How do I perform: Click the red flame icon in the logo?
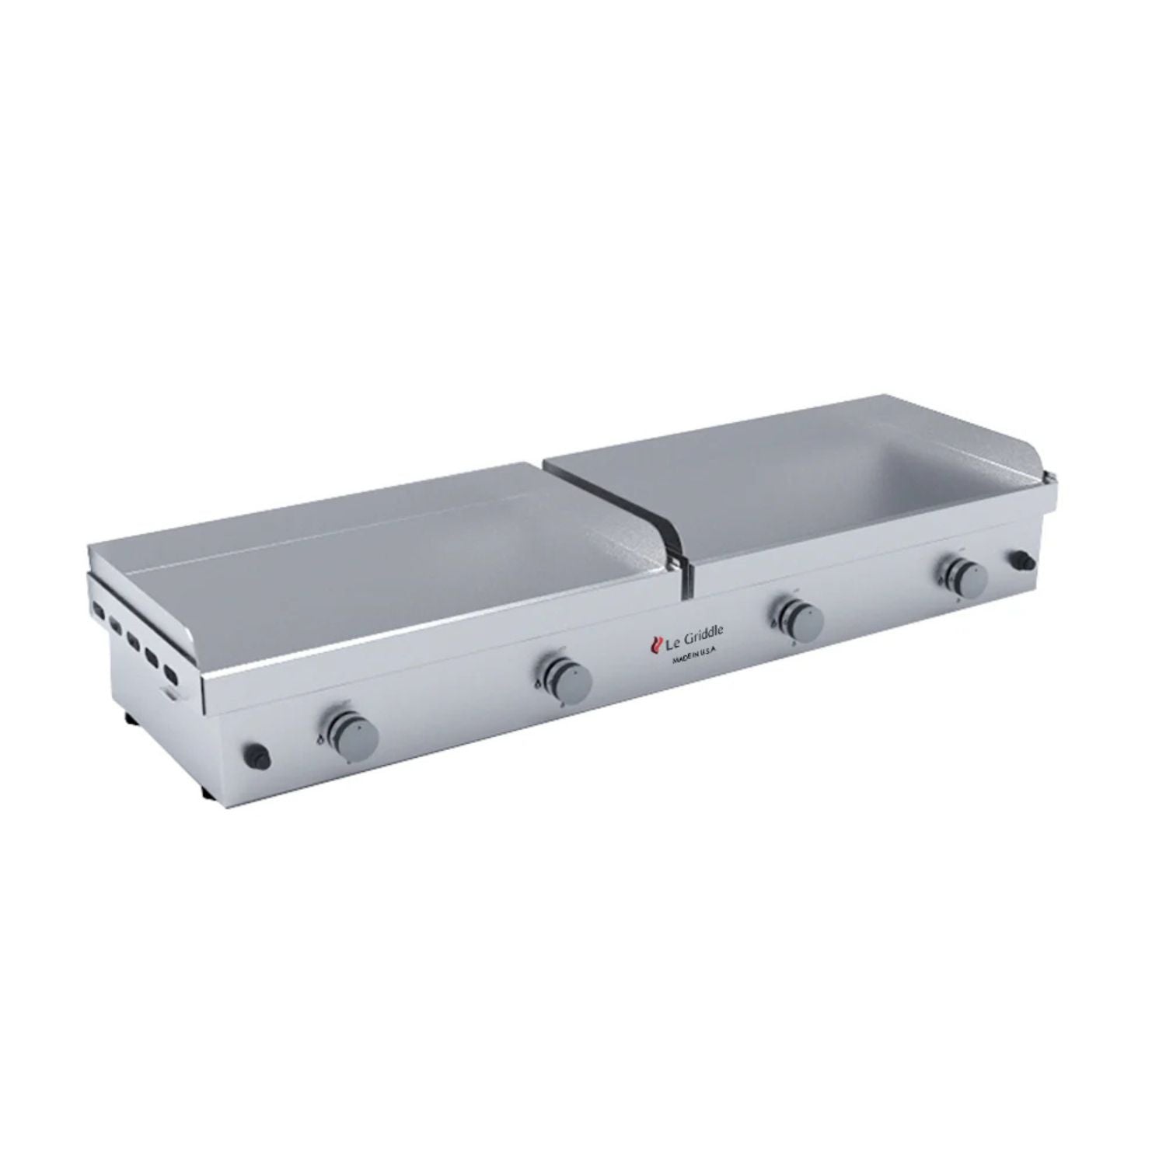click(x=655, y=644)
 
